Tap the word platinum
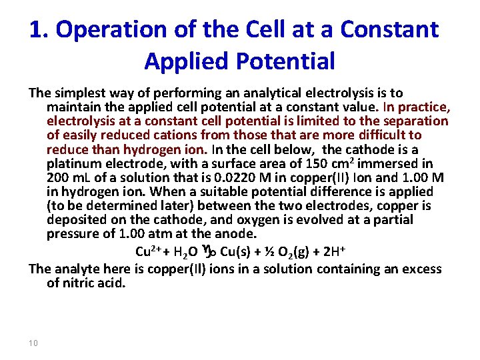pos(74,163)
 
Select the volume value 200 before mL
pos(59,177)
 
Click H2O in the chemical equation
pos(183,252)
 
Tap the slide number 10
pos(34,343)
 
